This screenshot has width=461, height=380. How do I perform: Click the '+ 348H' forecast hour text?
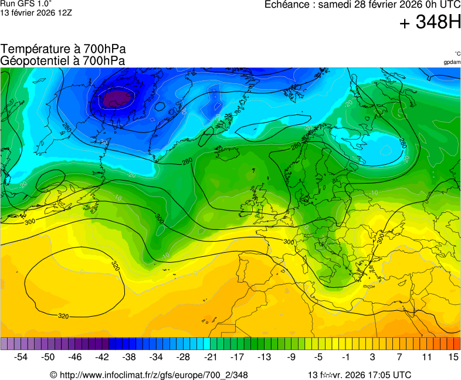tap(430, 23)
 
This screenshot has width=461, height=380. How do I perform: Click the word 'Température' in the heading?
tap(34, 49)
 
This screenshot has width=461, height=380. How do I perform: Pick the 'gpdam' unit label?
tap(452, 62)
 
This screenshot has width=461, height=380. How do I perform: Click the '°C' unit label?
tap(457, 54)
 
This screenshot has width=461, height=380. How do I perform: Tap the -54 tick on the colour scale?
tap(21, 357)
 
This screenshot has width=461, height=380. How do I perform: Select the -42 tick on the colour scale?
tap(102, 357)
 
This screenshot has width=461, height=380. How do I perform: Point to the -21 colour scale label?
tap(210, 357)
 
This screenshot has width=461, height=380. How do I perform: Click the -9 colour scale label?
tap(291, 357)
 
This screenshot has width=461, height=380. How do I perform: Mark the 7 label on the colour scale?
tap(399, 357)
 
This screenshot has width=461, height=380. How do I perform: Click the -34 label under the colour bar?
tap(156, 357)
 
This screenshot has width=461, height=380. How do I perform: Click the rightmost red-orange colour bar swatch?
tap(457, 344)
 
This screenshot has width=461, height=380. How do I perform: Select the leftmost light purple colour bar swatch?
tap(4, 344)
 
